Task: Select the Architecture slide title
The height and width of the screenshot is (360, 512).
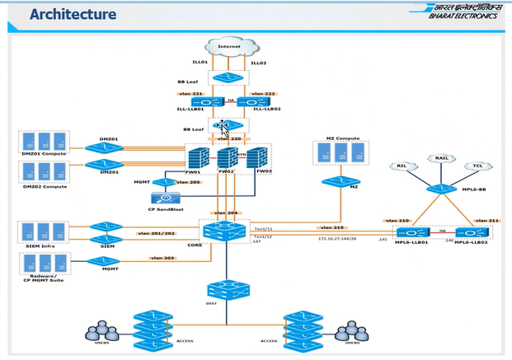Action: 73,15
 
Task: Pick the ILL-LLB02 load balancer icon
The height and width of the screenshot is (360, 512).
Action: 250,103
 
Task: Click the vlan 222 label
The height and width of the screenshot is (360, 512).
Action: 263,94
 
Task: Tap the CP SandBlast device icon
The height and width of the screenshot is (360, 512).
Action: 165,199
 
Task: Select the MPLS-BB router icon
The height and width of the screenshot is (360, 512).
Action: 438,189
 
